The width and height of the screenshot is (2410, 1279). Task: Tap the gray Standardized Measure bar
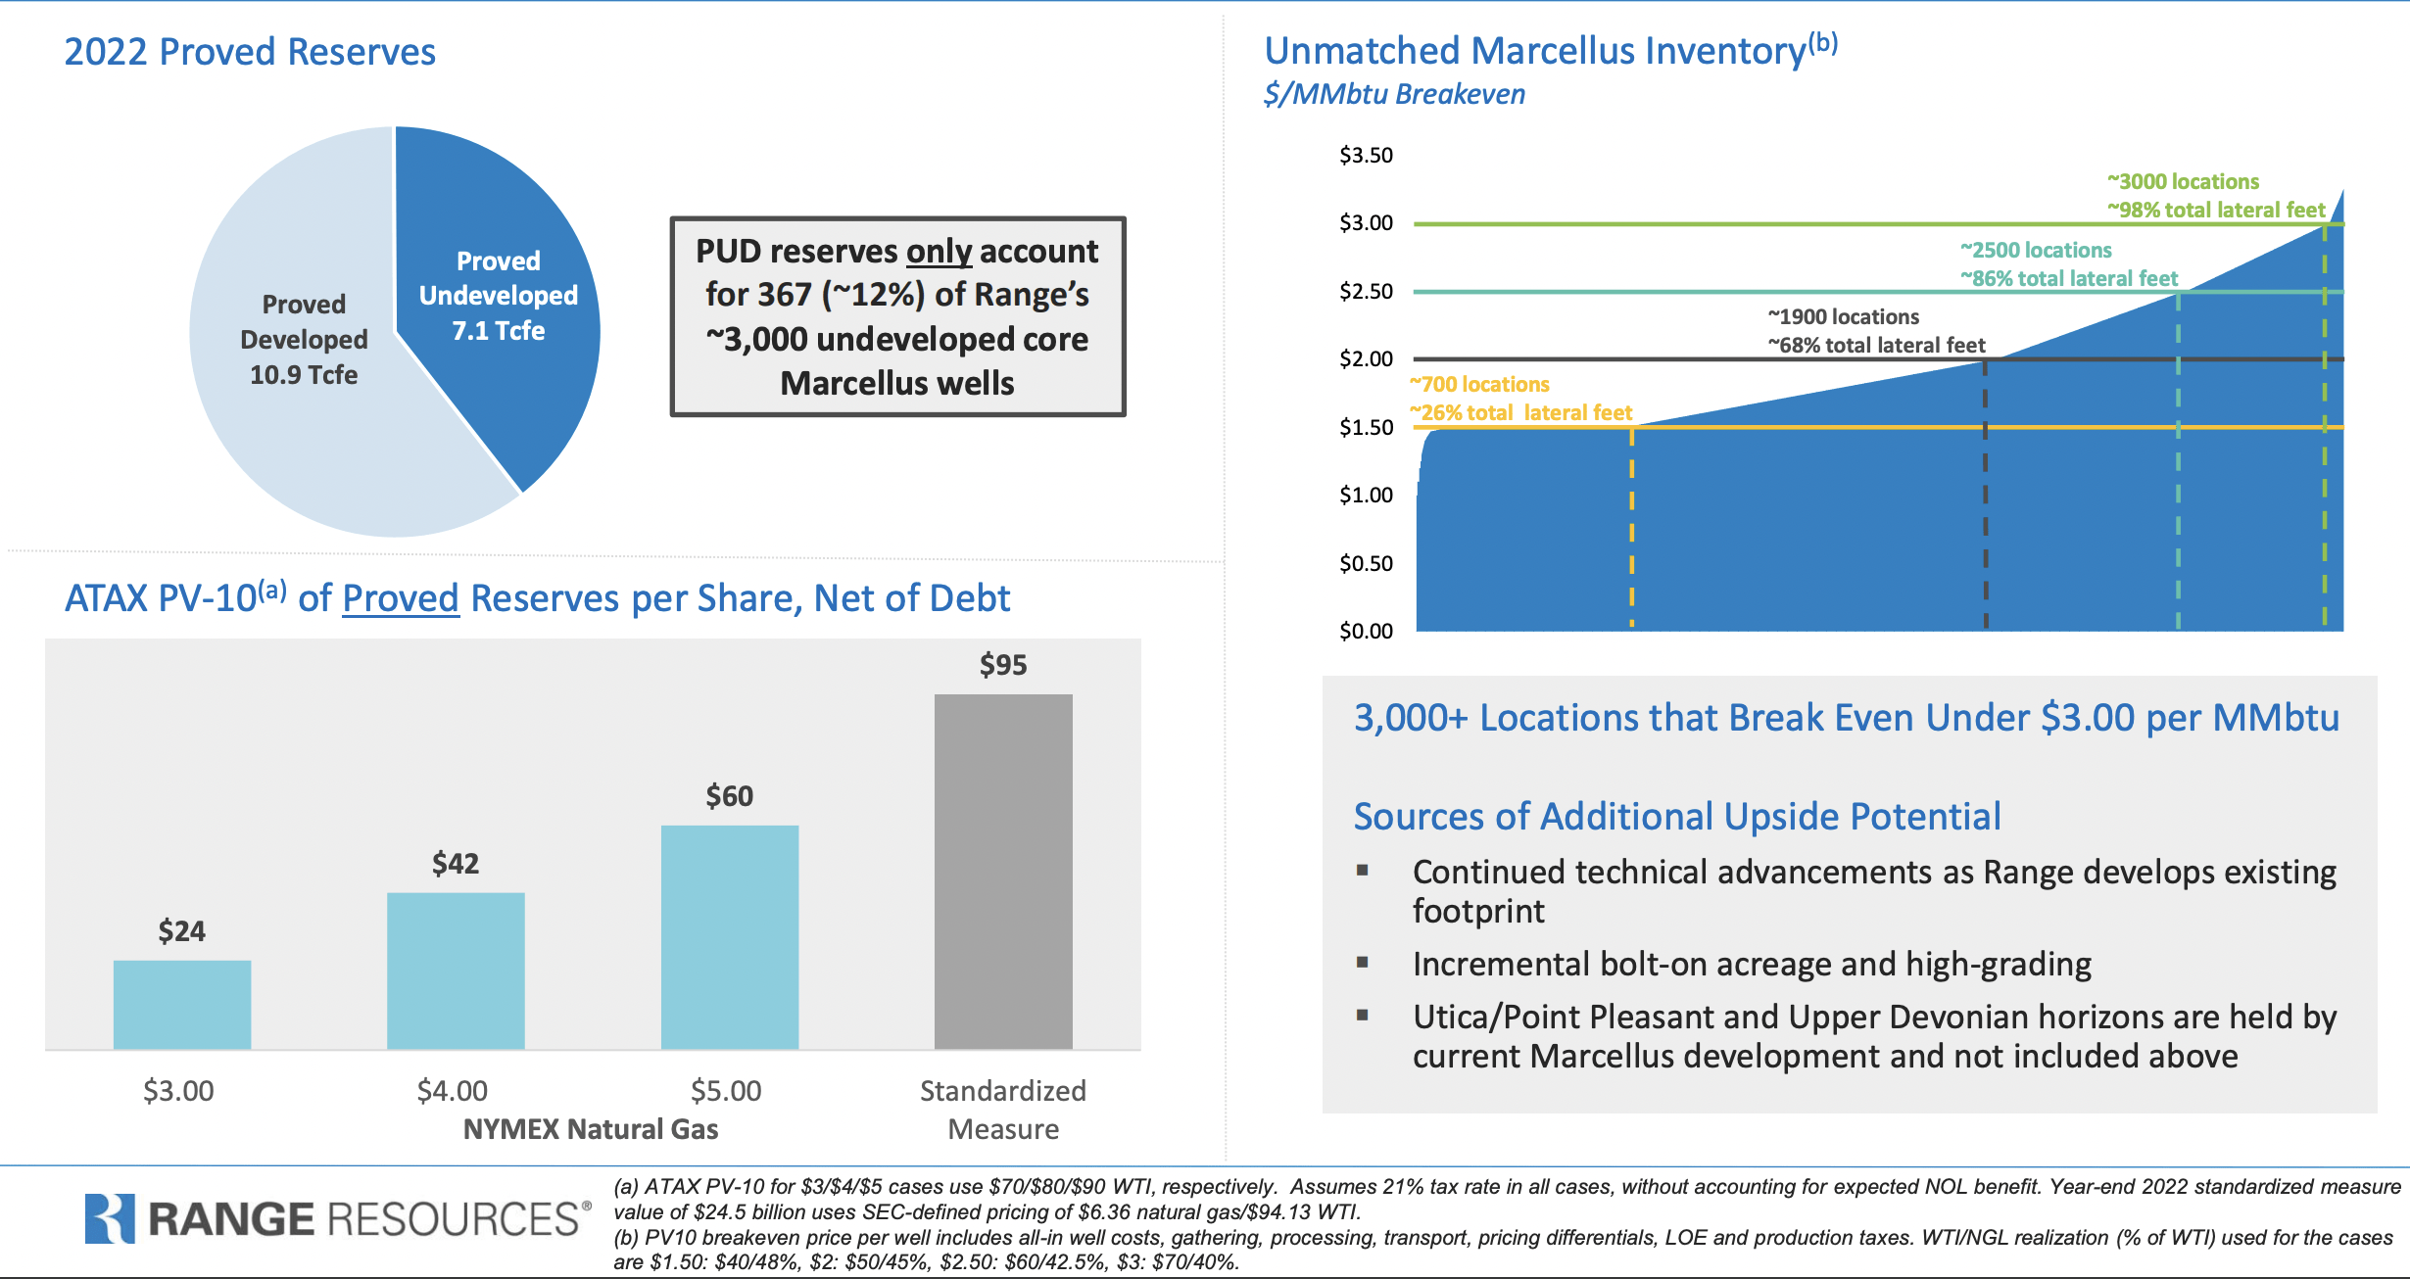[x=1002, y=871]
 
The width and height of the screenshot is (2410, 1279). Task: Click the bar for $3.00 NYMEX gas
[x=182, y=1004]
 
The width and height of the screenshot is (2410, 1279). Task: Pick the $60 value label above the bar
[x=729, y=796]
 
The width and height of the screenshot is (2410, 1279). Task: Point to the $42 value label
[x=456, y=864]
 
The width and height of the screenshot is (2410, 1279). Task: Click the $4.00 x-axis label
[x=452, y=1090]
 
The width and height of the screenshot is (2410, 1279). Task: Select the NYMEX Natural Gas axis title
[x=590, y=1129]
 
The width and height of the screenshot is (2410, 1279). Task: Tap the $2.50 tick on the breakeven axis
[x=1366, y=291]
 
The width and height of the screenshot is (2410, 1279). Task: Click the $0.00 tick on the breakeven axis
[x=1366, y=631]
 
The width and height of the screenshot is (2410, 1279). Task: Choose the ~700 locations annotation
[x=1479, y=384]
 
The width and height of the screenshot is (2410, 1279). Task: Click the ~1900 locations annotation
[x=1843, y=316]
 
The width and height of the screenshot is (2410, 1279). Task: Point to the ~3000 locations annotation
[x=2183, y=181]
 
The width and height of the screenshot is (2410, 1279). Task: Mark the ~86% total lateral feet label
[x=2068, y=278]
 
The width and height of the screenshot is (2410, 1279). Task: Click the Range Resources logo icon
[x=109, y=1218]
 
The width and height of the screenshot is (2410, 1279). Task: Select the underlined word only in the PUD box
[x=939, y=252]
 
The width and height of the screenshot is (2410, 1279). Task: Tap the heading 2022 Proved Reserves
[x=250, y=52]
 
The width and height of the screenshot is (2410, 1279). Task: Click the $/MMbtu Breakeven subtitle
[x=1394, y=94]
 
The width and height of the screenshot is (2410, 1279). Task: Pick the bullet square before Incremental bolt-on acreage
[x=1362, y=962]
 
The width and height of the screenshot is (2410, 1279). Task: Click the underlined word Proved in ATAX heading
[x=400, y=598]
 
